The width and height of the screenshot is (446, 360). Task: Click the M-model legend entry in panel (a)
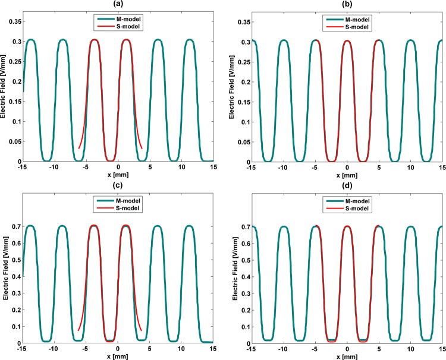[123, 20]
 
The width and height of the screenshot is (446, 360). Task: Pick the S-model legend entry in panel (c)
[123, 209]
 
